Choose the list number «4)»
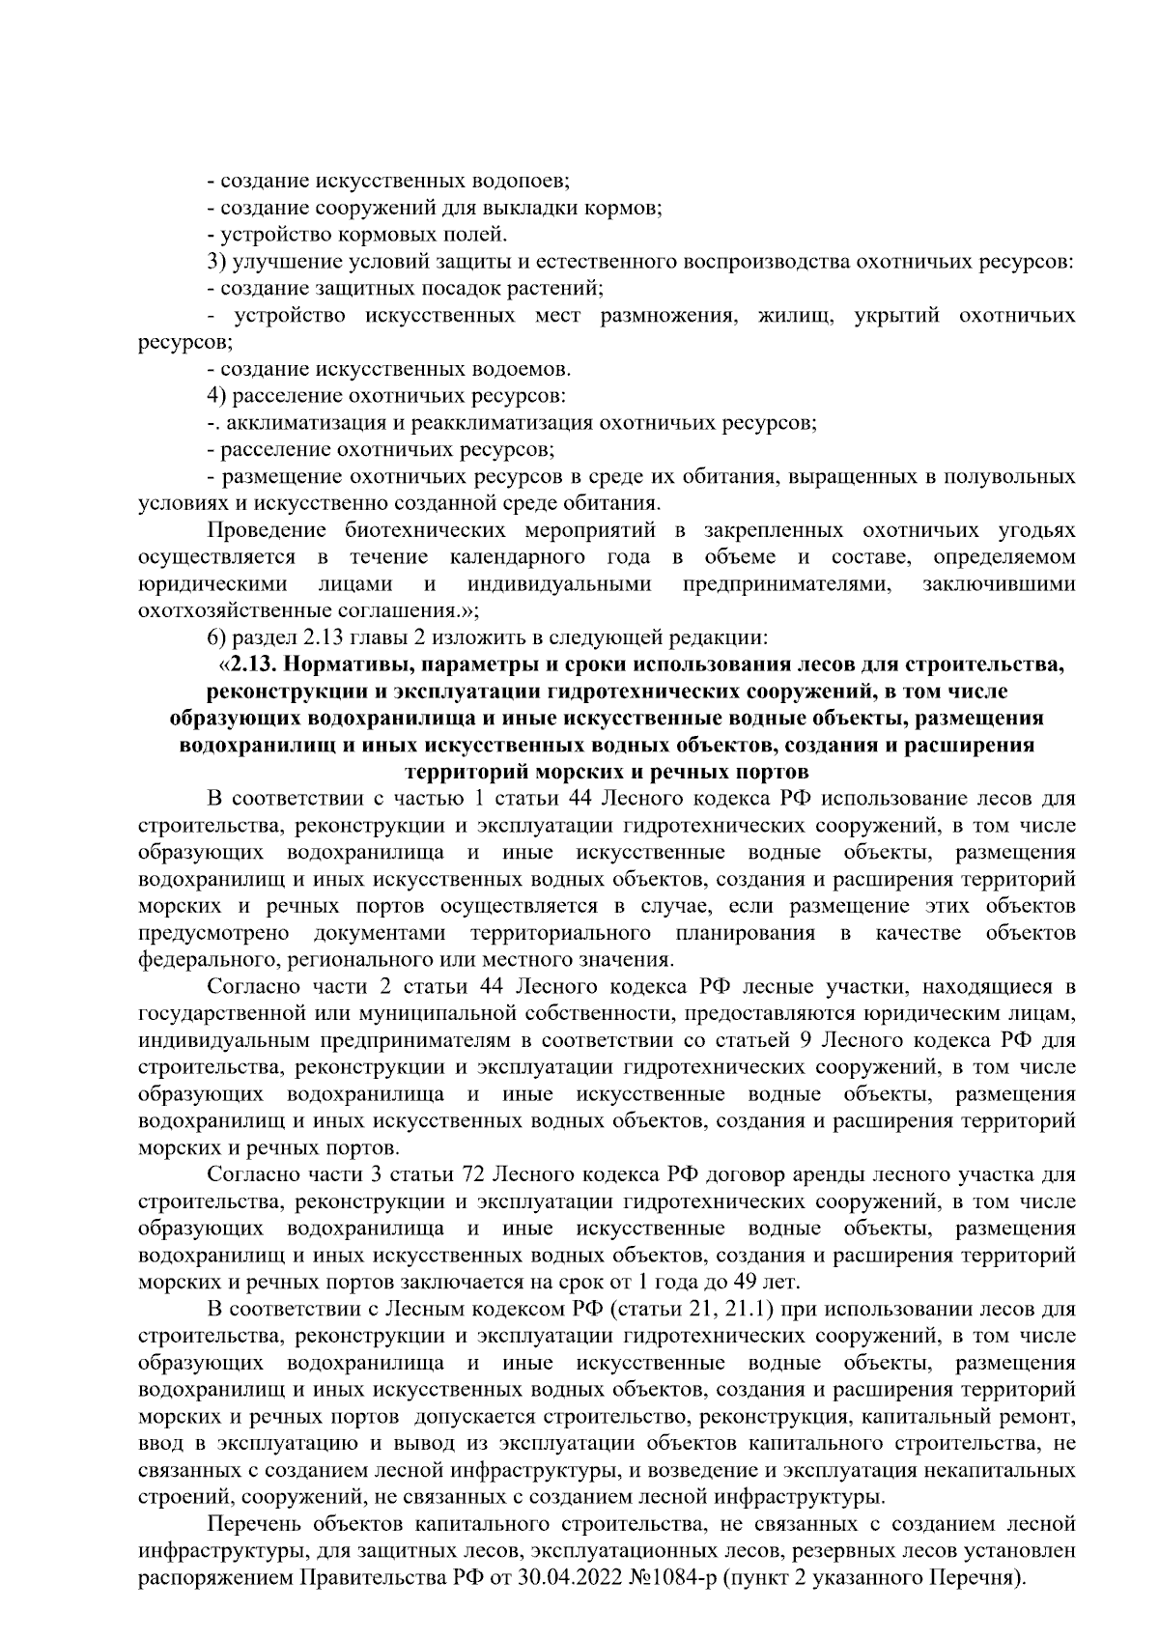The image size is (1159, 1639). pyautogui.click(x=217, y=396)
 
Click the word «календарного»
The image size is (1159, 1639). pyautogui.click(x=517, y=557)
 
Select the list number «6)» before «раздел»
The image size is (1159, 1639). pyautogui.click(x=217, y=638)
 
